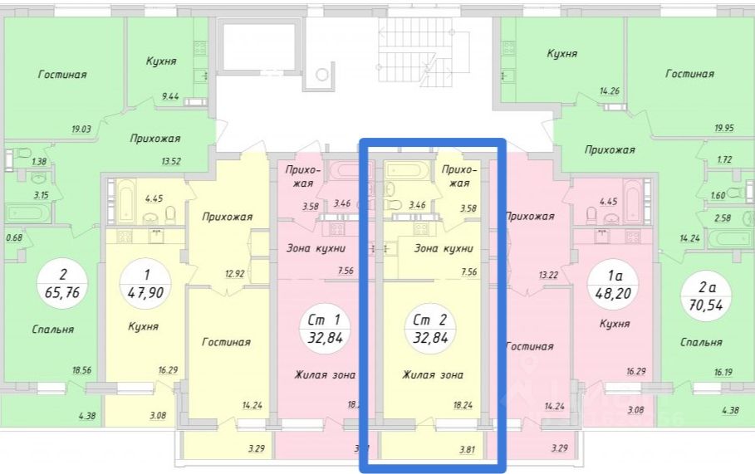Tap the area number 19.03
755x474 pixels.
[81, 129]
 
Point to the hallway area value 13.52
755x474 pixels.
[172, 161]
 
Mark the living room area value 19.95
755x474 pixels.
[726, 128]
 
